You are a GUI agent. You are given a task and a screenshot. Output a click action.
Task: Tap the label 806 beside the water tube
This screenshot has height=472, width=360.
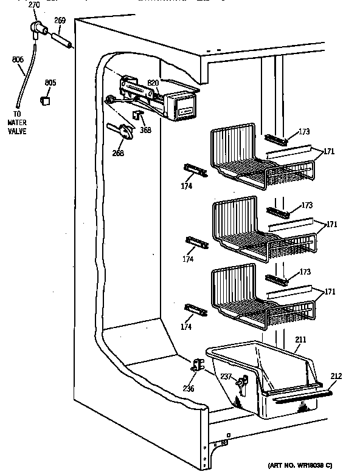[x=18, y=60]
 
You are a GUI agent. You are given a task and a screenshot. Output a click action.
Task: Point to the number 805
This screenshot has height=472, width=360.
[x=50, y=83]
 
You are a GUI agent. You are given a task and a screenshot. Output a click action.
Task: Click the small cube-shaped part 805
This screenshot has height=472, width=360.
[x=44, y=100]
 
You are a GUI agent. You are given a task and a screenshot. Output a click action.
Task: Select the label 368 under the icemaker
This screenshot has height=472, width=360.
[x=145, y=129]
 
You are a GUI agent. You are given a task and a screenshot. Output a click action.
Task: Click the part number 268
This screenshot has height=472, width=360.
[x=118, y=153]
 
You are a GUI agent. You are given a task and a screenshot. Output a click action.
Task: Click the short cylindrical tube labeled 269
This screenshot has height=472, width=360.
[x=61, y=41]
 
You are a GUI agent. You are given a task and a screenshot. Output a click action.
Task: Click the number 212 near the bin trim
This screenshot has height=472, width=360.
[x=336, y=377]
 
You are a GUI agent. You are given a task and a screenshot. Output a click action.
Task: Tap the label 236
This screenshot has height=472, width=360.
[x=189, y=389]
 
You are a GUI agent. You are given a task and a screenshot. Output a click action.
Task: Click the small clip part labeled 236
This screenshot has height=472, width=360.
[x=198, y=365]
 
